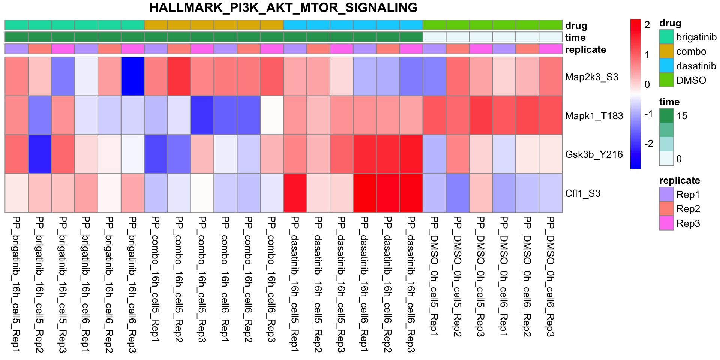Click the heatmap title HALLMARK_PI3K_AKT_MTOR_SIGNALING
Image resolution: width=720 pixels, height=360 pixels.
(x=283, y=8)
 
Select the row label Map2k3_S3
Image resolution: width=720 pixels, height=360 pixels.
(x=591, y=77)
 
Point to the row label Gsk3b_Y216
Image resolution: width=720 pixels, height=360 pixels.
(x=594, y=154)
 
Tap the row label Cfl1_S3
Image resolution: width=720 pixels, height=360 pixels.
(x=582, y=193)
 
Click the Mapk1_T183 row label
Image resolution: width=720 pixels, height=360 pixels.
(x=594, y=116)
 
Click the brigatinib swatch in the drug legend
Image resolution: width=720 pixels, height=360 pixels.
(x=666, y=37)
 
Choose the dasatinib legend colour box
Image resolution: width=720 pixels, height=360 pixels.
(x=666, y=66)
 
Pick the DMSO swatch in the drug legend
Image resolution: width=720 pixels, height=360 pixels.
(x=666, y=80)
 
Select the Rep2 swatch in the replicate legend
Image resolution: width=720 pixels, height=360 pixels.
(x=666, y=209)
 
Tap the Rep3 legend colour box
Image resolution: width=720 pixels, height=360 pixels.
(x=666, y=223)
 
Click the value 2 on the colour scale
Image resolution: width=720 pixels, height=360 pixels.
(x=647, y=25)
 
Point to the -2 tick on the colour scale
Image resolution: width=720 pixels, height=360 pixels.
(x=648, y=144)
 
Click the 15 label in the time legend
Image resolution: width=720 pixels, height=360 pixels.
(x=682, y=116)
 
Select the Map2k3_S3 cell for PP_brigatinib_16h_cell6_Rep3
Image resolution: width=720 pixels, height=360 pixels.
(x=133, y=76)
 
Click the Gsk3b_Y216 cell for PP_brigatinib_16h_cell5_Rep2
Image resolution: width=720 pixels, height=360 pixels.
(x=40, y=154)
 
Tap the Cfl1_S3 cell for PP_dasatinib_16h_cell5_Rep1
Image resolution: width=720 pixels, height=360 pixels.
(x=295, y=193)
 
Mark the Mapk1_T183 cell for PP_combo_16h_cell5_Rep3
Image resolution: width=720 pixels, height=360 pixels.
(x=202, y=115)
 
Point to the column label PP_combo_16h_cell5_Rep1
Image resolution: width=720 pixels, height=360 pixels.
(x=156, y=279)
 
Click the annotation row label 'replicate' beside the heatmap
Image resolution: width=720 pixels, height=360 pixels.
(x=585, y=49)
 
